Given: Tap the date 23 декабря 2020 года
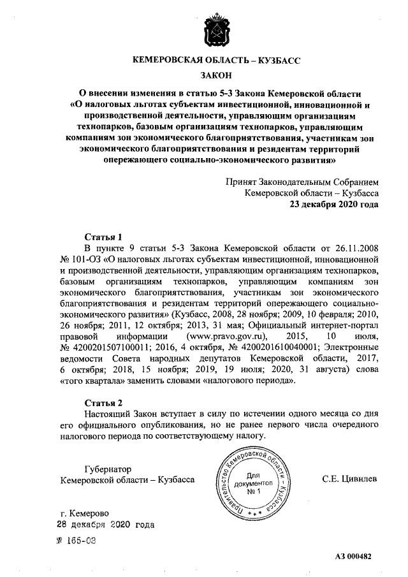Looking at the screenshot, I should (334, 205).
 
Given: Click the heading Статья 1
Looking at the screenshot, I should (103, 235).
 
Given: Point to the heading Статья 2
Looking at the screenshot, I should (103, 402).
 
